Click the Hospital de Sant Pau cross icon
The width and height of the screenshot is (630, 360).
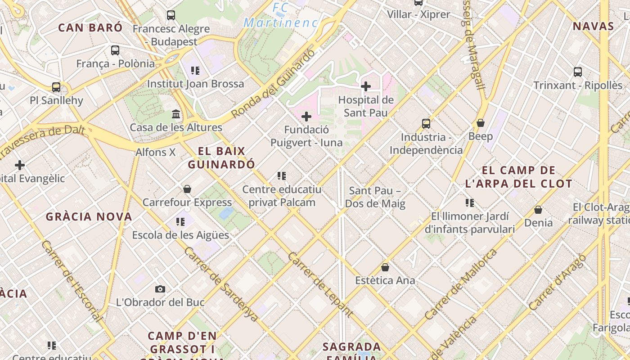pos(365,86)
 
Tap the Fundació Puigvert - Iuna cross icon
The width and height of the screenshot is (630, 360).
pos(306,117)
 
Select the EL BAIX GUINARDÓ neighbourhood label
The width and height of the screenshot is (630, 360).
pos(221,157)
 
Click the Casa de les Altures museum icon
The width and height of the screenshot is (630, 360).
pos(176,114)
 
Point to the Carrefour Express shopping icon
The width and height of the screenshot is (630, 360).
pos(187,189)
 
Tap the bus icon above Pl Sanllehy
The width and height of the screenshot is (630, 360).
pos(56,87)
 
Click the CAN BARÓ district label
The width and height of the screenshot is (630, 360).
pos(90,27)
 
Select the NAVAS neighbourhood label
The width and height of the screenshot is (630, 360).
pos(594,26)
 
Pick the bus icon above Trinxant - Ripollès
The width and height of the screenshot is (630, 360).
pos(578,72)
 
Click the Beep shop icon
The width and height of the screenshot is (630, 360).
pos(481,123)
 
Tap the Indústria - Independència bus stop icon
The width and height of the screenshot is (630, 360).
pos(426,123)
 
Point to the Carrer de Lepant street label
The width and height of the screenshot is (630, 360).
pos(319,284)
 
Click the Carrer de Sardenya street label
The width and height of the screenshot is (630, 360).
pos(221,284)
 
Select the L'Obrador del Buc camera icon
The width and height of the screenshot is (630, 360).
pos(160,289)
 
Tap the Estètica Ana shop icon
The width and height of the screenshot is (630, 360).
pos(385,267)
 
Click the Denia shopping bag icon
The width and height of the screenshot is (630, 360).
pos(538,210)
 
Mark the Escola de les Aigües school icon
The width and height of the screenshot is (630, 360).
pos(180,221)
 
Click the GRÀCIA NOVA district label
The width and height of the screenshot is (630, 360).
pos(89,216)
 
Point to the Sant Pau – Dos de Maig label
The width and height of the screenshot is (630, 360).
pos(375,197)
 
